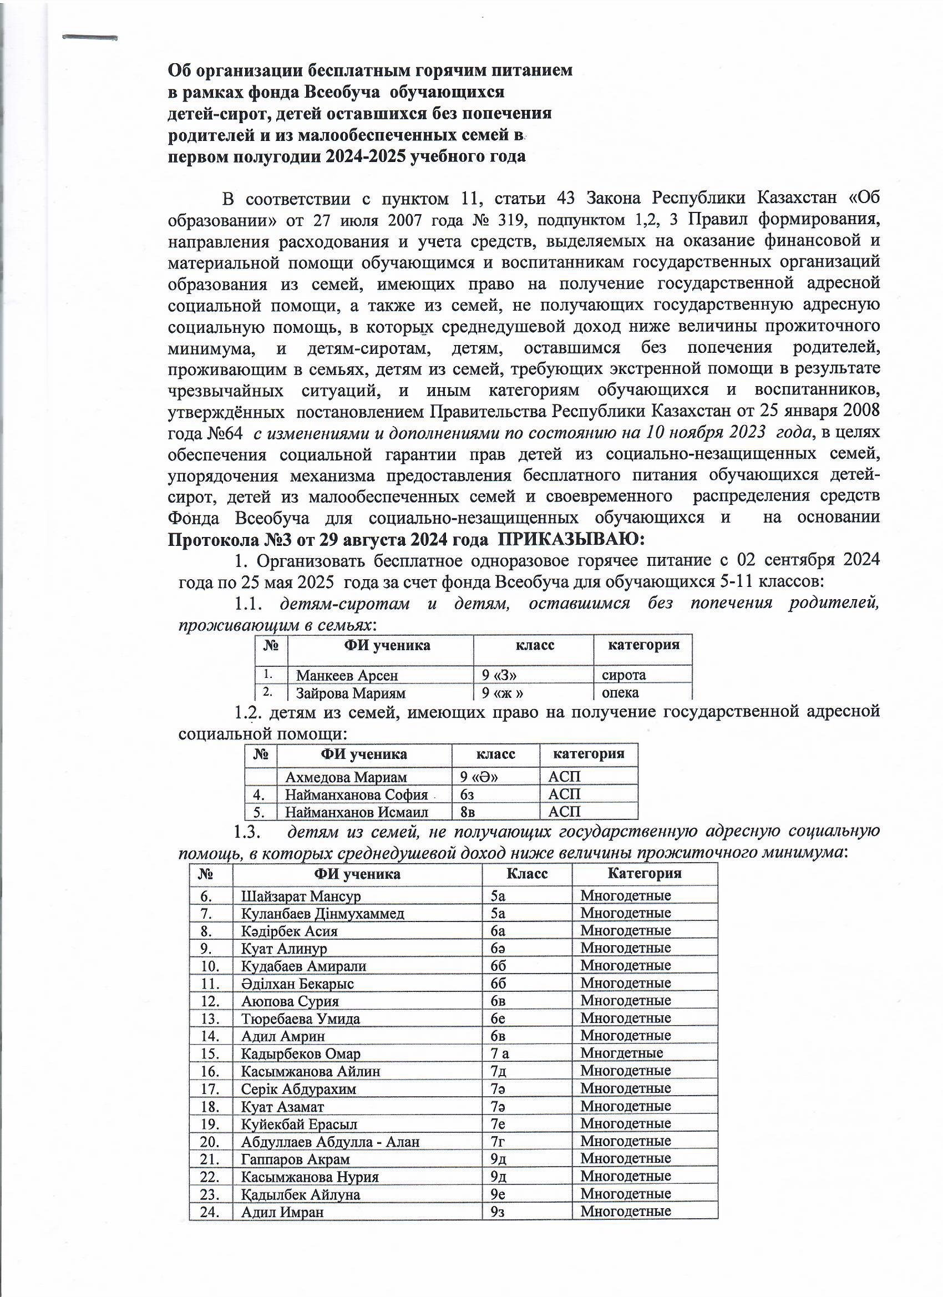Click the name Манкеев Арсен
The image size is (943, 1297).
(x=347, y=675)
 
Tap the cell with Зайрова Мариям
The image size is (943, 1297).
(x=350, y=693)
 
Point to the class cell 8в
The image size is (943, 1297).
(x=468, y=812)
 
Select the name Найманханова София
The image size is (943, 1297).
(x=356, y=794)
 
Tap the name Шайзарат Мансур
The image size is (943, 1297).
(x=301, y=895)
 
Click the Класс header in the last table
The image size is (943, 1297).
(x=526, y=873)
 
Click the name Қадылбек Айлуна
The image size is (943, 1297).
(x=300, y=1194)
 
